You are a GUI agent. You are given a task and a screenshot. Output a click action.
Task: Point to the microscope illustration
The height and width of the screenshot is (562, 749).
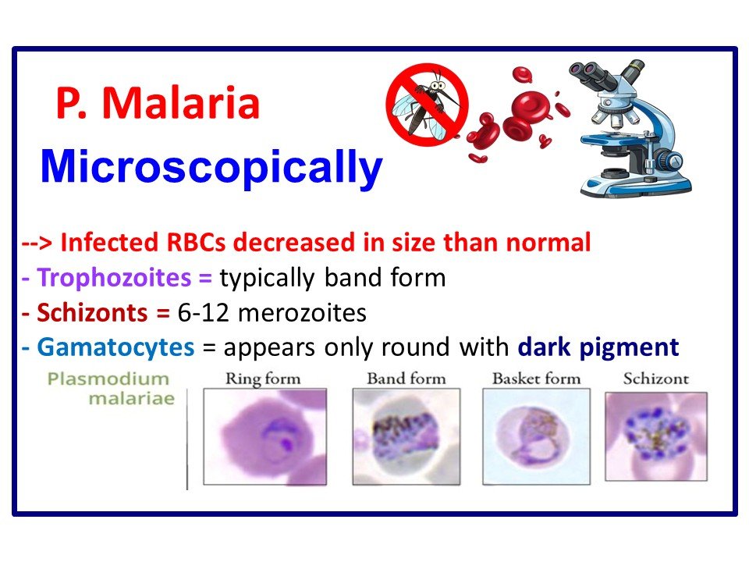click(x=633, y=129)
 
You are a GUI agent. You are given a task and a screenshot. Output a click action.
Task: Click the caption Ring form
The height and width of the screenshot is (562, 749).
click(x=263, y=379)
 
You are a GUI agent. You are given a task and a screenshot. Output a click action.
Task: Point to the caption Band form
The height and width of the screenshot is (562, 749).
click(x=406, y=379)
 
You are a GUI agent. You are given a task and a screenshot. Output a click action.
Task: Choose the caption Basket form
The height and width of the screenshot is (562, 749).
click(x=536, y=379)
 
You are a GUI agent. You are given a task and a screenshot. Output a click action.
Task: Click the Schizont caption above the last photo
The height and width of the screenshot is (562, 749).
click(x=655, y=379)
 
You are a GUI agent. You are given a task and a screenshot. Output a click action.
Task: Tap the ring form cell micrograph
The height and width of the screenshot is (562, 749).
click(x=264, y=437)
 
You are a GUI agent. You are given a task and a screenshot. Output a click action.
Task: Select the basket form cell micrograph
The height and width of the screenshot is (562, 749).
click(x=535, y=436)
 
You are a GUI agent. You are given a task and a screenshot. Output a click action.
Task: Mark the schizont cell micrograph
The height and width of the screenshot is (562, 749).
click(x=655, y=436)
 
